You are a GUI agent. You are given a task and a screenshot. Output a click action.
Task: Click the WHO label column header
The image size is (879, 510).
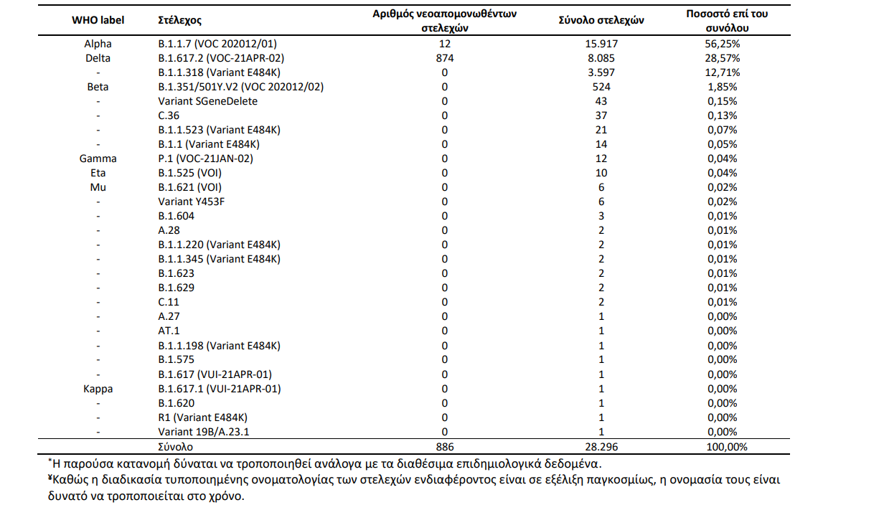98,20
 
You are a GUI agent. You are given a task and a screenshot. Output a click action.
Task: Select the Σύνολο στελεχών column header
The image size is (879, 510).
601,20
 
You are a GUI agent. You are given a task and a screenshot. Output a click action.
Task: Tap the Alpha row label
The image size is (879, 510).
98,44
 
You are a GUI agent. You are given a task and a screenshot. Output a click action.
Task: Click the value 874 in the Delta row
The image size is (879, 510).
445,58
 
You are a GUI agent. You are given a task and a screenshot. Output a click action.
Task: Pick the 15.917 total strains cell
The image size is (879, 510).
601,44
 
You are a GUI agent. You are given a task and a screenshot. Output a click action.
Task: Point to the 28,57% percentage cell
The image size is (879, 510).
723,58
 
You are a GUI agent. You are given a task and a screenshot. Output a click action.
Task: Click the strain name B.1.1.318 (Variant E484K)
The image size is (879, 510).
220,72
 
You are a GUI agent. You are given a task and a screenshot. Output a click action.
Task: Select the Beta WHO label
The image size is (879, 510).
98,87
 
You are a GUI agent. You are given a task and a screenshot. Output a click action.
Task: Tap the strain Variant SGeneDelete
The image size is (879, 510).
208,101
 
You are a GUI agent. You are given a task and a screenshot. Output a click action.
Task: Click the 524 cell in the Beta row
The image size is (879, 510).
601,87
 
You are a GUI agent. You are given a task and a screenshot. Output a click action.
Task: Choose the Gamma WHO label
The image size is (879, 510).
98,159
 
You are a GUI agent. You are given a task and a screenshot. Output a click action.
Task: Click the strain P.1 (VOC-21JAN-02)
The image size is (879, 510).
206,159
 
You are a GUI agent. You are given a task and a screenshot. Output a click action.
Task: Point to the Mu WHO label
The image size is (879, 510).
98,187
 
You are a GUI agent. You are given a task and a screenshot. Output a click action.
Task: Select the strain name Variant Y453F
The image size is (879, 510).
192,202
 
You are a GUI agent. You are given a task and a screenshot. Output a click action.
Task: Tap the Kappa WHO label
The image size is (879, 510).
98,389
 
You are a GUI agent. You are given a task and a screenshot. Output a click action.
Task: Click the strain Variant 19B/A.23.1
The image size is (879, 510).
204,432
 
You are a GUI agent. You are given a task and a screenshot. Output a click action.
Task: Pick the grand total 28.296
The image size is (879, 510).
601,447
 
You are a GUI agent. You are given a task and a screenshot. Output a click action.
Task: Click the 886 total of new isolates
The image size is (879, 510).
445,447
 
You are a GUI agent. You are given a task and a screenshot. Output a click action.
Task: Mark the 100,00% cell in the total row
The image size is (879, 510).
727,447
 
